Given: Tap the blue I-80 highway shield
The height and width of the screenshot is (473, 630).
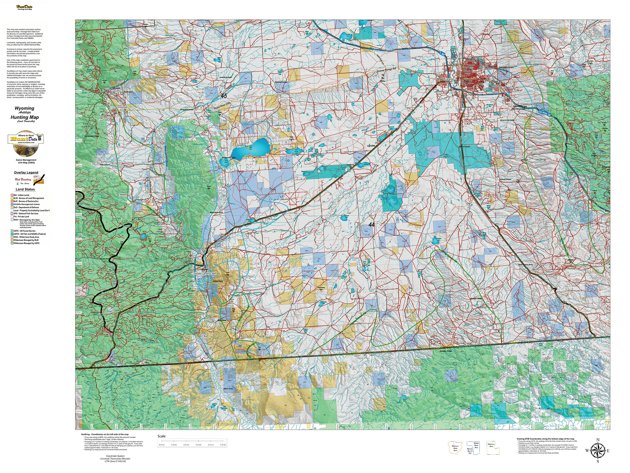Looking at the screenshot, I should click(441, 53).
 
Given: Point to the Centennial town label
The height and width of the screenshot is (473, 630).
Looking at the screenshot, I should click(122, 107).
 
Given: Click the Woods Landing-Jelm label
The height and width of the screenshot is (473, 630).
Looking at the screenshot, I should click(205, 274).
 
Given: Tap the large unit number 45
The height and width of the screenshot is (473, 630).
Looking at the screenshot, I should click(224, 96).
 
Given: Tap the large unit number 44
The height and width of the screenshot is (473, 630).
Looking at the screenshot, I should click(371, 225).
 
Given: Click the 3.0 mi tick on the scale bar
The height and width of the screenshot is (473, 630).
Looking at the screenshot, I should click(198, 445).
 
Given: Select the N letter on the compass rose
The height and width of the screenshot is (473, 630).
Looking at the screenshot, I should click(598, 440).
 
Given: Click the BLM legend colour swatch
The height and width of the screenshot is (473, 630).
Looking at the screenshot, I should click(12, 198).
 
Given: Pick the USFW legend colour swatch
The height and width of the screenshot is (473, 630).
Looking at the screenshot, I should click(12, 234).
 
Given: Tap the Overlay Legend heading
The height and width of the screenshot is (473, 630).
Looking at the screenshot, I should click(26, 172).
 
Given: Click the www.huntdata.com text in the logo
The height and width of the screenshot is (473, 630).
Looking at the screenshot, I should click(26, 142).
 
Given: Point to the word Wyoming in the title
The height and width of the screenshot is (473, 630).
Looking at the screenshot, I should click(25, 108).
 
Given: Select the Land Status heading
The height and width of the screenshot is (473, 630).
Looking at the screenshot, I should click(25, 189).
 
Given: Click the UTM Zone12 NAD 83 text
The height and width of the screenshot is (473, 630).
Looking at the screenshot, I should click(115, 461).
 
